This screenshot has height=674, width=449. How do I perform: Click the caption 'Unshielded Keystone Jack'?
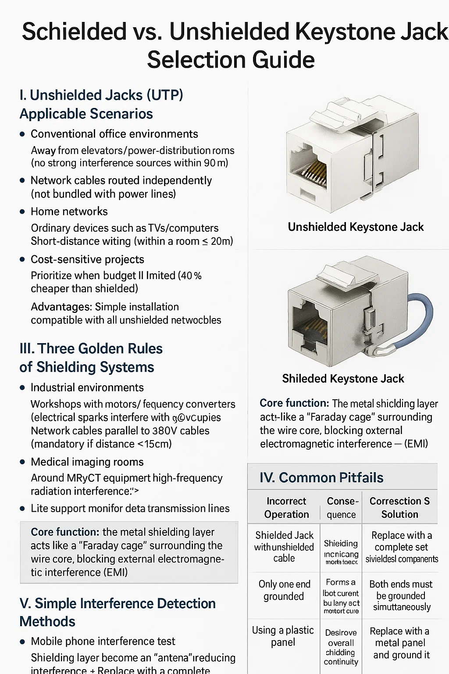coord(356,227)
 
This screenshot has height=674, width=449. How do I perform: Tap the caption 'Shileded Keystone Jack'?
coord(343,379)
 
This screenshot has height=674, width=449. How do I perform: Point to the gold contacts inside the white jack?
coord(314,171)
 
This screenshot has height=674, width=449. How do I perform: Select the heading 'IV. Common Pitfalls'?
coord(321,477)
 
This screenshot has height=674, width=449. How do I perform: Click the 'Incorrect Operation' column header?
coord(286,508)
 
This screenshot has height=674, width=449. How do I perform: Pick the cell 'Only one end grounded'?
coord(284,590)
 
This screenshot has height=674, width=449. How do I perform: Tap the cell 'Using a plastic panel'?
coord(283,636)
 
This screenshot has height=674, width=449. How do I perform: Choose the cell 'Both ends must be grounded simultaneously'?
coord(401,595)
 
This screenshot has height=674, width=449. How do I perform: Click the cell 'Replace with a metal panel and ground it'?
coord(400,643)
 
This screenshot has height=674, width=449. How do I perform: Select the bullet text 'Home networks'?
coord(69,212)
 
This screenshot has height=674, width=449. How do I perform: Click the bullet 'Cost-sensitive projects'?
coord(87,259)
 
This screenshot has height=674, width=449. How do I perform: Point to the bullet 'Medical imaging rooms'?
coord(87,462)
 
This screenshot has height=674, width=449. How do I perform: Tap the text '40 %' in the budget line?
coord(191,276)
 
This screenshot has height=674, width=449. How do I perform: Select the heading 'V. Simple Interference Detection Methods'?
coord(117,612)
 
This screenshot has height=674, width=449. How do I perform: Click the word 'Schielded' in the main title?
coord(74,32)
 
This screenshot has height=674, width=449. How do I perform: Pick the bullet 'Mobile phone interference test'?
coord(103,642)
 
